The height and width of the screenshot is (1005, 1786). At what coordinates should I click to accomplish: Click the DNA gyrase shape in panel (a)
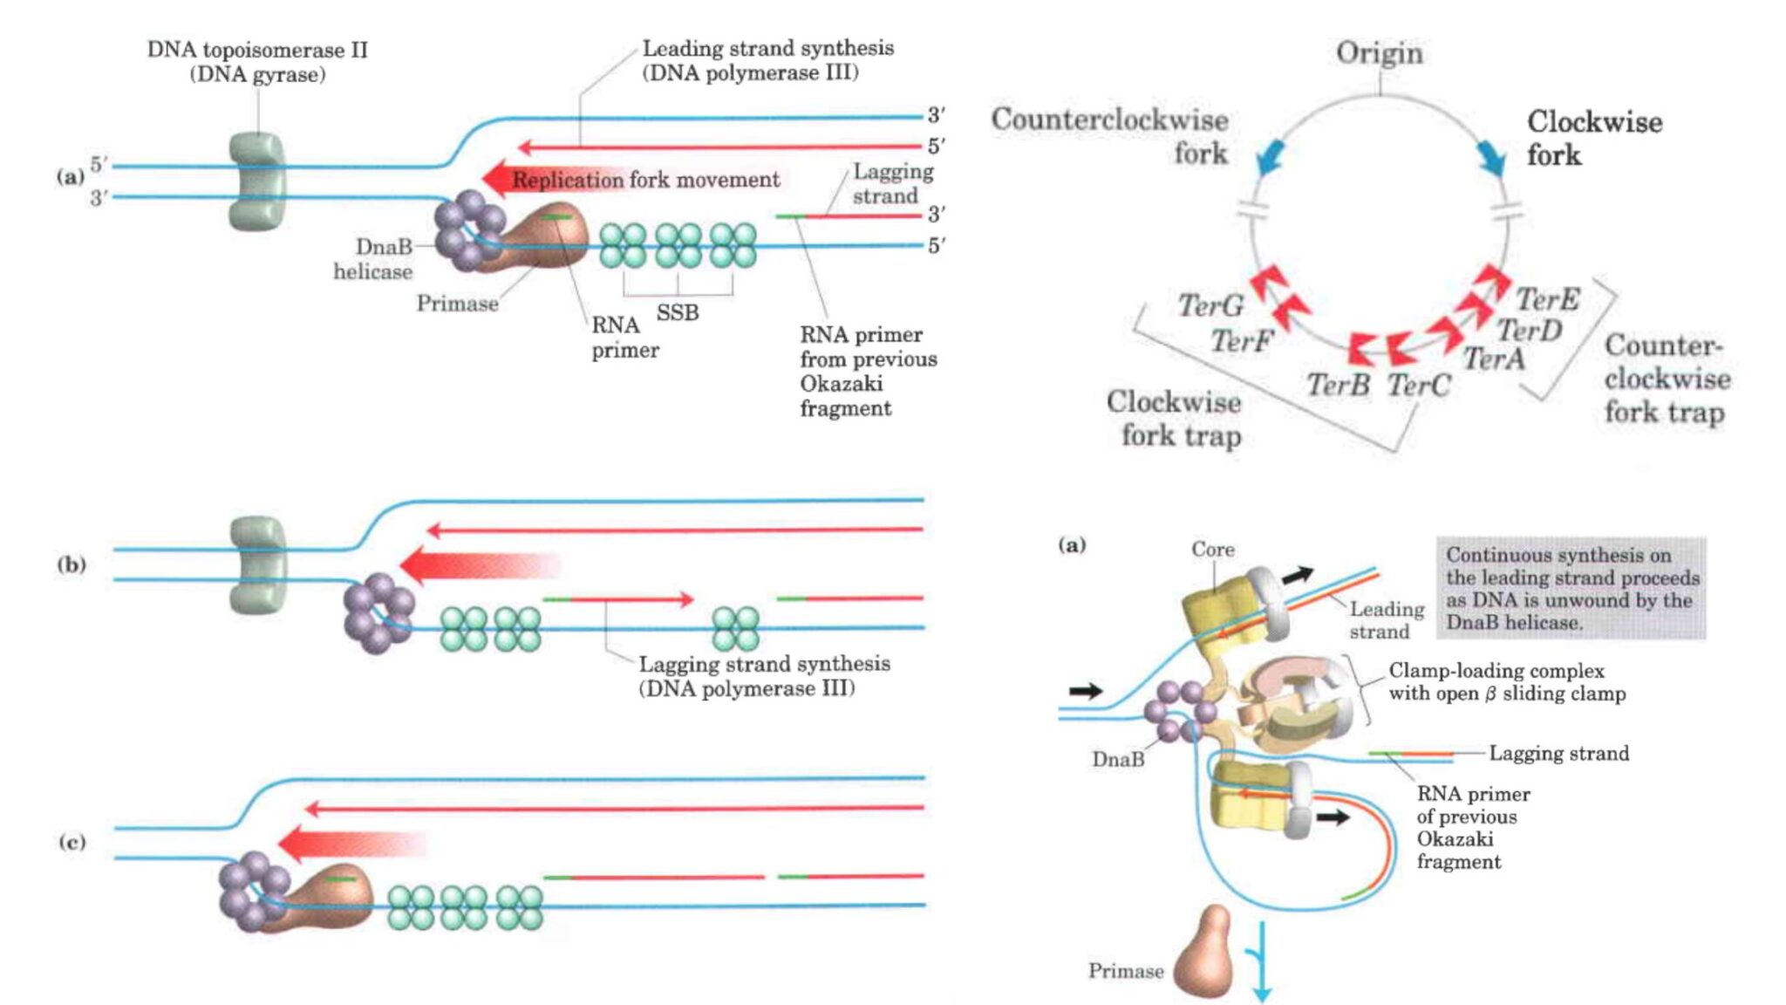[x=256, y=181]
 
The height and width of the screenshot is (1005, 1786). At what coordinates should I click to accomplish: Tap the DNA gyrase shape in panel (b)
[x=257, y=564]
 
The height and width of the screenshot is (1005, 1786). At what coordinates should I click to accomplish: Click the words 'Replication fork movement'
[x=645, y=180]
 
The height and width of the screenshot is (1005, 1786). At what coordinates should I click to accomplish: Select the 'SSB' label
[x=678, y=312]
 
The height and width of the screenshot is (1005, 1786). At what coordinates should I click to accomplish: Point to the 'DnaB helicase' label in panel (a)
[x=374, y=259]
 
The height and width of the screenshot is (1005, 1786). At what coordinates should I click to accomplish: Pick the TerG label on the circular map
[x=1210, y=305]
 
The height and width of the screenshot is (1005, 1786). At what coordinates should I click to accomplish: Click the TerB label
[x=1338, y=385]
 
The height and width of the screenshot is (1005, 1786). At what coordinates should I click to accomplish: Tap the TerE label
[x=1547, y=299]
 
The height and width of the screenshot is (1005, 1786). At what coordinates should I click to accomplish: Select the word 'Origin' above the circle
[x=1380, y=53]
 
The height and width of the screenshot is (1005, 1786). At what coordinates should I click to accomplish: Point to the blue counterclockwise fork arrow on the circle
[x=1270, y=158]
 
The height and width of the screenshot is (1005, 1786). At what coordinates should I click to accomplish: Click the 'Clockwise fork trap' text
[x=1175, y=418]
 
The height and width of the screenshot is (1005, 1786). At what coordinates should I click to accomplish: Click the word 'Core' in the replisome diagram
[x=1213, y=550]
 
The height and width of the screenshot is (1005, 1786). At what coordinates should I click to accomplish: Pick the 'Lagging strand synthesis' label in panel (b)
[x=764, y=676]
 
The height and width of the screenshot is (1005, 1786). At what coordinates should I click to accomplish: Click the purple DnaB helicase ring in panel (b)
[x=378, y=614]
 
